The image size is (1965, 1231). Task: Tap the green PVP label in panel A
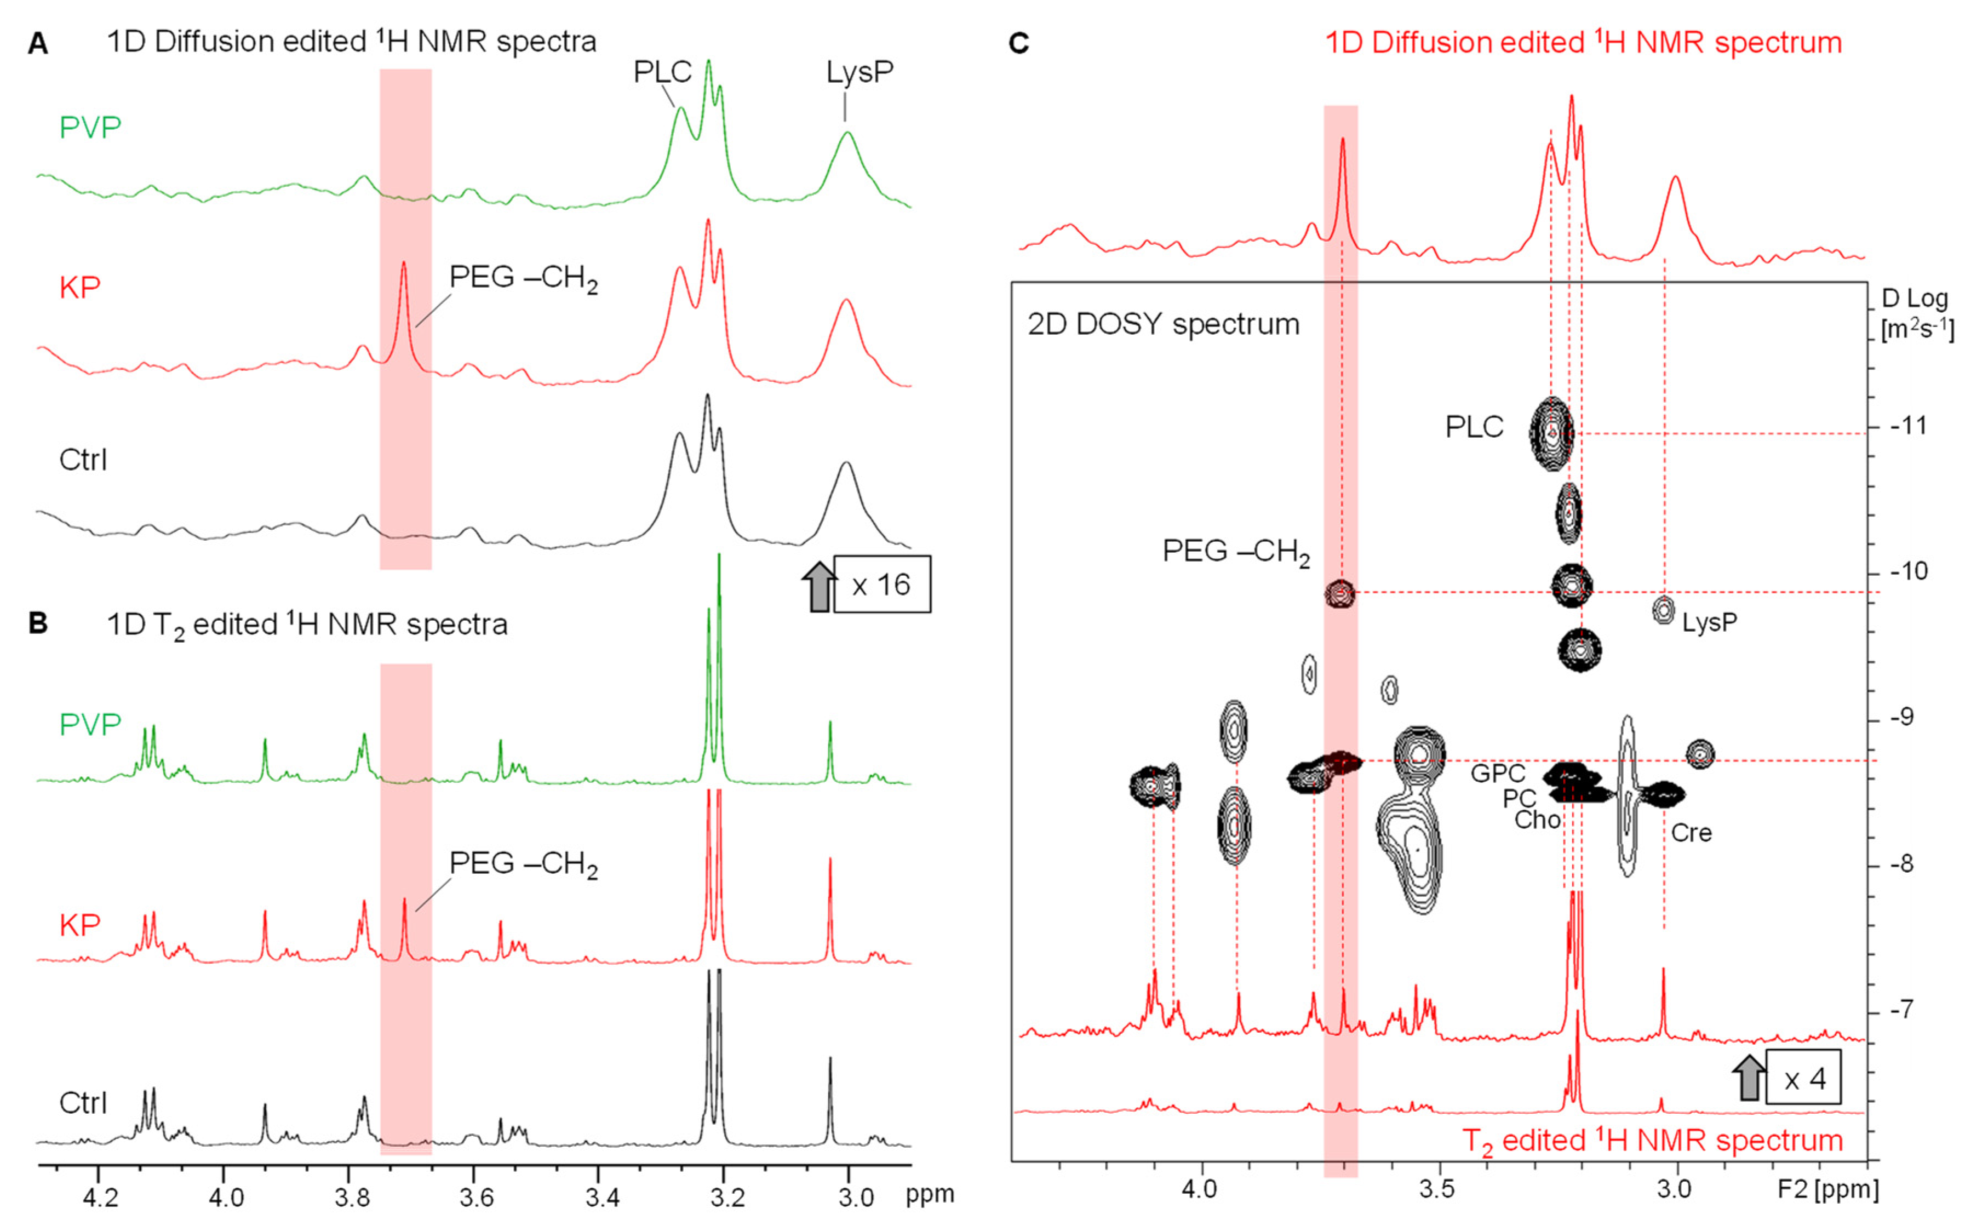[90, 128]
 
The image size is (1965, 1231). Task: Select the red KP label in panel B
[80, 925]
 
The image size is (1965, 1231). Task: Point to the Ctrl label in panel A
[83, 460]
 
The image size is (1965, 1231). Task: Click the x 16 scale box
[881, 585]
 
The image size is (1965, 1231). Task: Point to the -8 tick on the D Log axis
[1908, 864]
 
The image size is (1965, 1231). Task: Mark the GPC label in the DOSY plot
[1498, 772]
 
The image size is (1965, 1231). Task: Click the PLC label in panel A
[662, 72]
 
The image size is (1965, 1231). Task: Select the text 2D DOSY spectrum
[1163, 324]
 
